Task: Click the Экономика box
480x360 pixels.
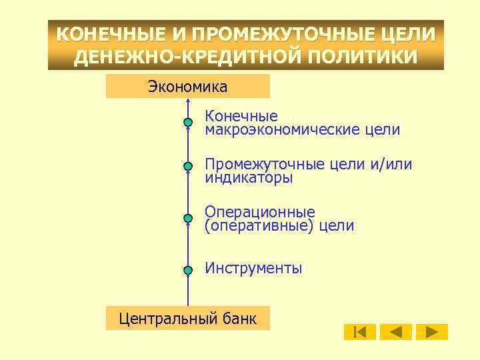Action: tap(187, 87)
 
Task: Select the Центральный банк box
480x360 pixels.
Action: tap(187, 318)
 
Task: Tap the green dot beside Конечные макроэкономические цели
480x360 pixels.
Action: tap(188, 123)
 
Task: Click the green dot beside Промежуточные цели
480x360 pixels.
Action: tap(188, 165)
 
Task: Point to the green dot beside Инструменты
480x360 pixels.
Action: tap(188, 269)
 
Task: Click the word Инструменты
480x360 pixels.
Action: tap(253, 268)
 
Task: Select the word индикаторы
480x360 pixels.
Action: tap(249, 178)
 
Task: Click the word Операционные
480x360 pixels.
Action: tap(260, 213)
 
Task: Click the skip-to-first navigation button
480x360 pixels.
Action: tap(360, 331)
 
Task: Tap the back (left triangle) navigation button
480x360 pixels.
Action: tap(396, 331)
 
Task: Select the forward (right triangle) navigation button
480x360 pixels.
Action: tap(432, 331)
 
